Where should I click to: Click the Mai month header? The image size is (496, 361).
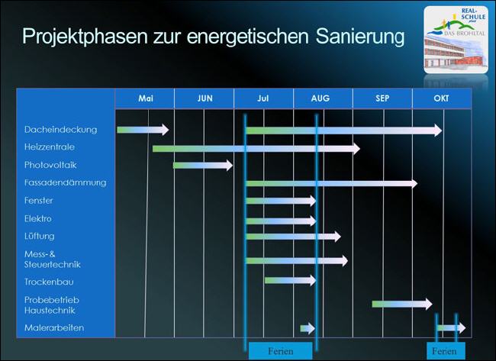pyautogui.click(x=146, y=99)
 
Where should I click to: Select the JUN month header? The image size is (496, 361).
pyautogui.click(x=205, y=99)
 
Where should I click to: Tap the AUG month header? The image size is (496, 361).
pyautogui.click(x=321, y=99)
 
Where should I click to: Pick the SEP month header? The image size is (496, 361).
pyautogui.click(x=382, y=99)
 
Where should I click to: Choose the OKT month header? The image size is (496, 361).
pyautogui.click(x=441, y=99)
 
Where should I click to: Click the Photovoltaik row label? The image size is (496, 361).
pyautogui.click(x=50, y=165)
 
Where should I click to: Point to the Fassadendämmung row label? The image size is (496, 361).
pyautogui.click(x=65, y=182)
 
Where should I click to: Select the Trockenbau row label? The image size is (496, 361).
pyautogui.click(x=50, y=282)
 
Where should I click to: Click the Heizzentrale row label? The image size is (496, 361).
pyautogui.click(x=50, y=147)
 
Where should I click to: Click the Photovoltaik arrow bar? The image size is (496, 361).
pyautogui.click(x=202, y=165)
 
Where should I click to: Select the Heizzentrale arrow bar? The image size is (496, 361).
pyautogui.click(x=256, y=148)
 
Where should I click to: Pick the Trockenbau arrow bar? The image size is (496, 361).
pyautogui.click(x=290, y=280)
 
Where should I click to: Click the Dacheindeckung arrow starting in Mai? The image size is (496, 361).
pyautogui.click(x=143, y=130)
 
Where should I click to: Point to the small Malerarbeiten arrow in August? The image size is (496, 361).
pyautogui.click(x=307, y=328)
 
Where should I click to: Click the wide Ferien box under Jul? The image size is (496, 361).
pyautogui.click(x=280, y=351)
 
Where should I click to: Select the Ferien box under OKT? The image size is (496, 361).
pyautogui.click(x=444, y=351)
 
